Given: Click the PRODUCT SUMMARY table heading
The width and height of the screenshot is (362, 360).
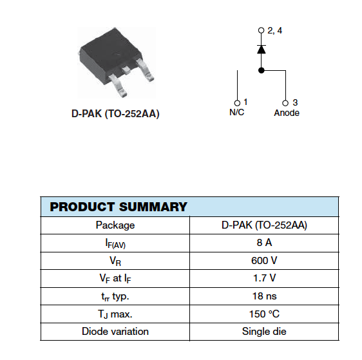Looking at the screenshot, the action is click(119, 207).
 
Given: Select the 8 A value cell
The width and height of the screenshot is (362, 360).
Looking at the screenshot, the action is click(264, 243).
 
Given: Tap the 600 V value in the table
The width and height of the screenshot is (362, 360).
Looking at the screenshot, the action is click(264, 261).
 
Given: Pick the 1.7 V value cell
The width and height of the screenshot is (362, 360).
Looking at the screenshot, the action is click(264, 278).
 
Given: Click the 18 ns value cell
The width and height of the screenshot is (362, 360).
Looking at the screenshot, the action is click(264, 296).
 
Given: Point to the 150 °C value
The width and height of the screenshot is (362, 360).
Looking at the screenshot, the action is click(264, 314).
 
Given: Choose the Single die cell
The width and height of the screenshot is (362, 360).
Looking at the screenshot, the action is click(264, 332).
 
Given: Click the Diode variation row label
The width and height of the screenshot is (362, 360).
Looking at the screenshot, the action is click(115, 332).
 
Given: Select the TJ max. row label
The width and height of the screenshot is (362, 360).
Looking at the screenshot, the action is click(115, 314).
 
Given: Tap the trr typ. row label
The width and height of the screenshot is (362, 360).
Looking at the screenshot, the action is click(115, 296).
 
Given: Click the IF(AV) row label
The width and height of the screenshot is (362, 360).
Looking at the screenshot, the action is click(115, 243).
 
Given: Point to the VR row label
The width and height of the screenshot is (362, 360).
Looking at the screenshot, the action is click(115, 261).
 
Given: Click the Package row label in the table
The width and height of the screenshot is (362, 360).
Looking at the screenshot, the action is click(115, 225).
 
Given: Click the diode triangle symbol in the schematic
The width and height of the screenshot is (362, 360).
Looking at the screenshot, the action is click(262, 50).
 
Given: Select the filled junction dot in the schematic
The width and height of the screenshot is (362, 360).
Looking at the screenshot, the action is click(262, 70).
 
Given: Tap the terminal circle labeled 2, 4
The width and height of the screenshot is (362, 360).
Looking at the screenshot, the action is click(261, 30).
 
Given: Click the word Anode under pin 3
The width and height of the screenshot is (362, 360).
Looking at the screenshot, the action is click(287, 113).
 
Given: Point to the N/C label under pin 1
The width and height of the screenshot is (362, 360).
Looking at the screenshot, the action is click(236, 113).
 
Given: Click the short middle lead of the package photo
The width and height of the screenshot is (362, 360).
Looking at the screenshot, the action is click(126, 70).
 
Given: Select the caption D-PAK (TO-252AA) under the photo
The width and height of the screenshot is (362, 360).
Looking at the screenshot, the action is click(115, 114).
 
